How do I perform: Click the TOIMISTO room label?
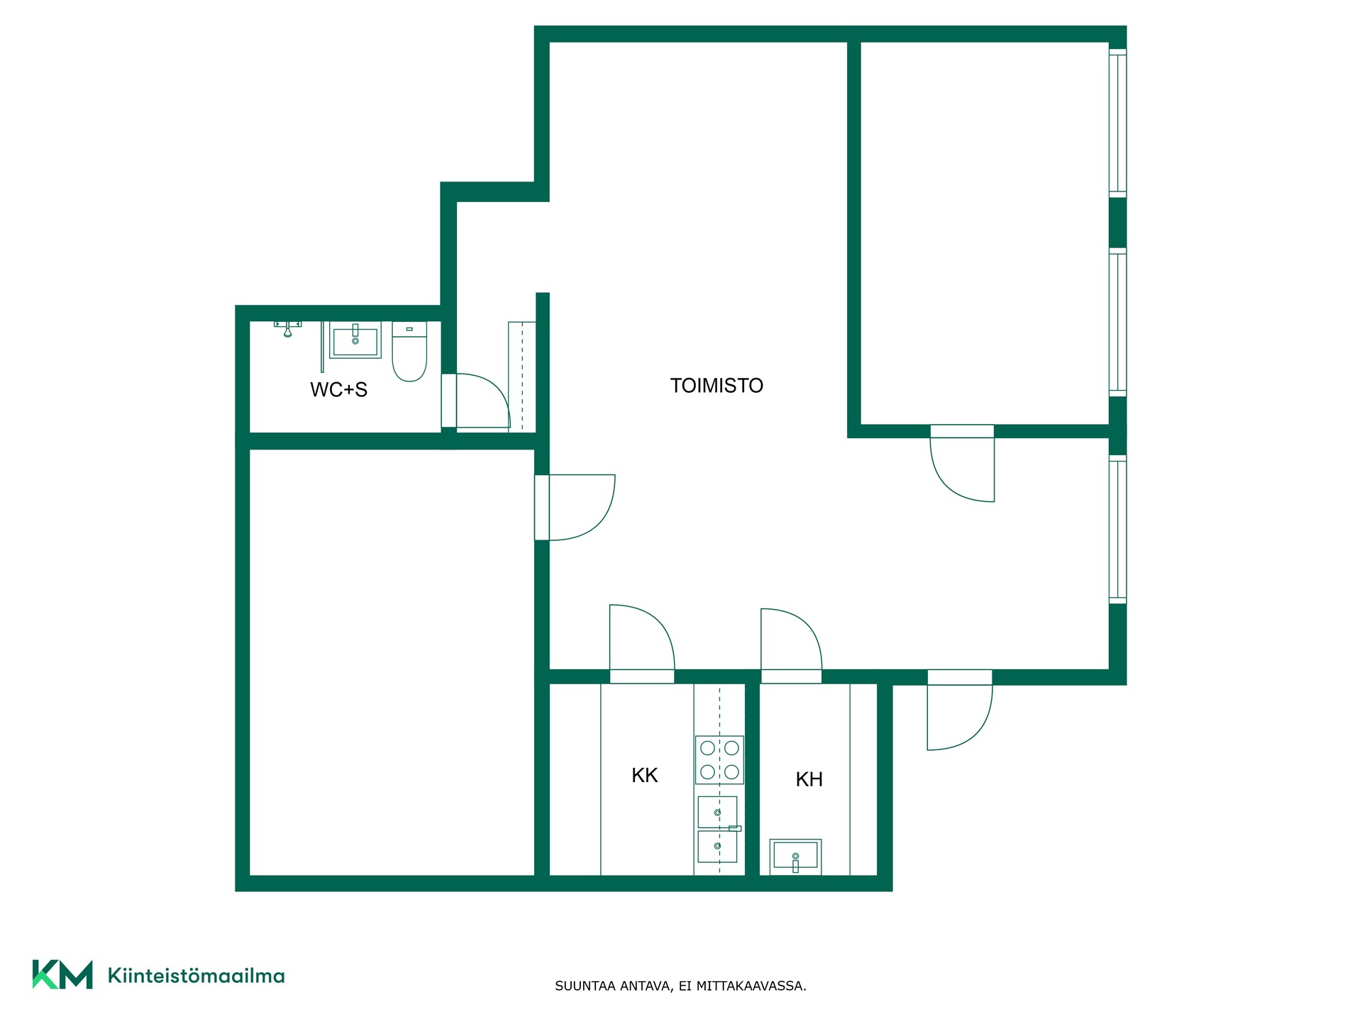pos(716,386)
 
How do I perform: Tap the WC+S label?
pos(338,389)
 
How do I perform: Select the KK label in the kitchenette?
pos(644,775)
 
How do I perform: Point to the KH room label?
pos(809,779)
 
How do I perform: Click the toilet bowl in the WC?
pos(409,352)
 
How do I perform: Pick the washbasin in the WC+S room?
pos(355,340)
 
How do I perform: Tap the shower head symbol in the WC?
pos(287,328)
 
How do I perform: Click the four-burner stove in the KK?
pos(719,760)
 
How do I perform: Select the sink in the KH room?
pos(795,857)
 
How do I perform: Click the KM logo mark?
pos(62,974)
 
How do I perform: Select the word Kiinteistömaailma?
pos(196,976)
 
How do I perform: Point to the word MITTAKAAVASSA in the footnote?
pos(751,986)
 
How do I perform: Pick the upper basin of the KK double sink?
pos(717,812)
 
